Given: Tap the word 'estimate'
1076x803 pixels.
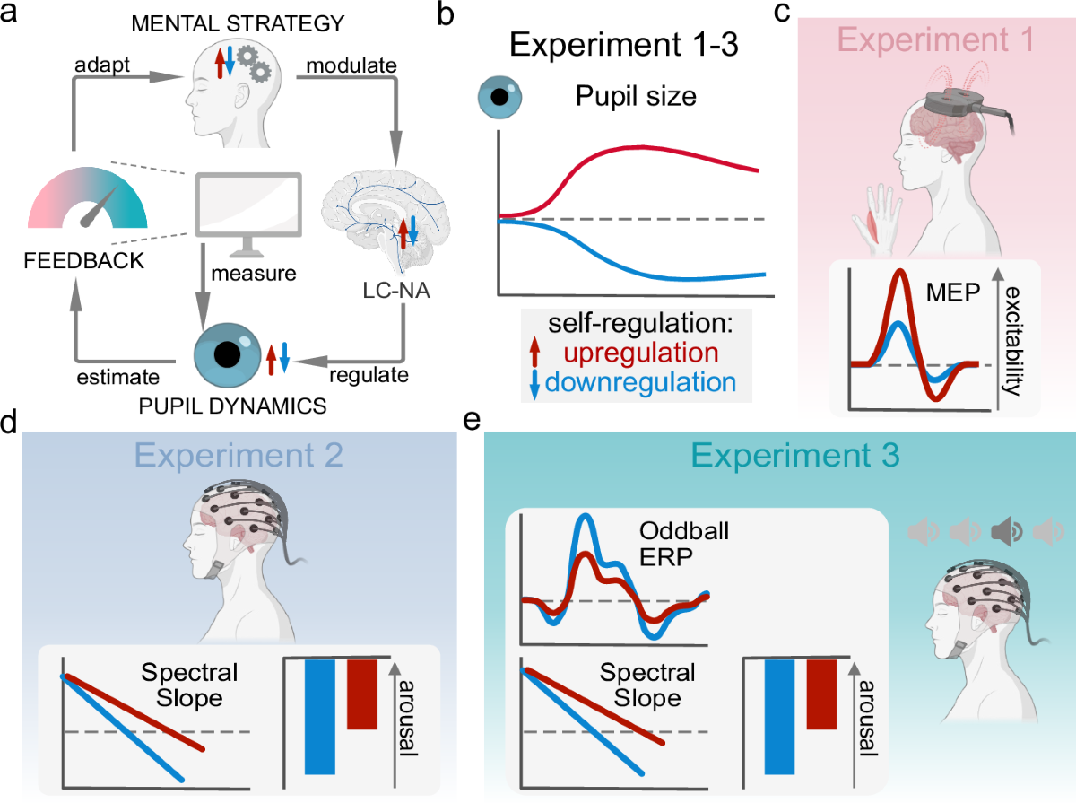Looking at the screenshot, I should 108,376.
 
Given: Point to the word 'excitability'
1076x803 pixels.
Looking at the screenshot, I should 1020,332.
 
